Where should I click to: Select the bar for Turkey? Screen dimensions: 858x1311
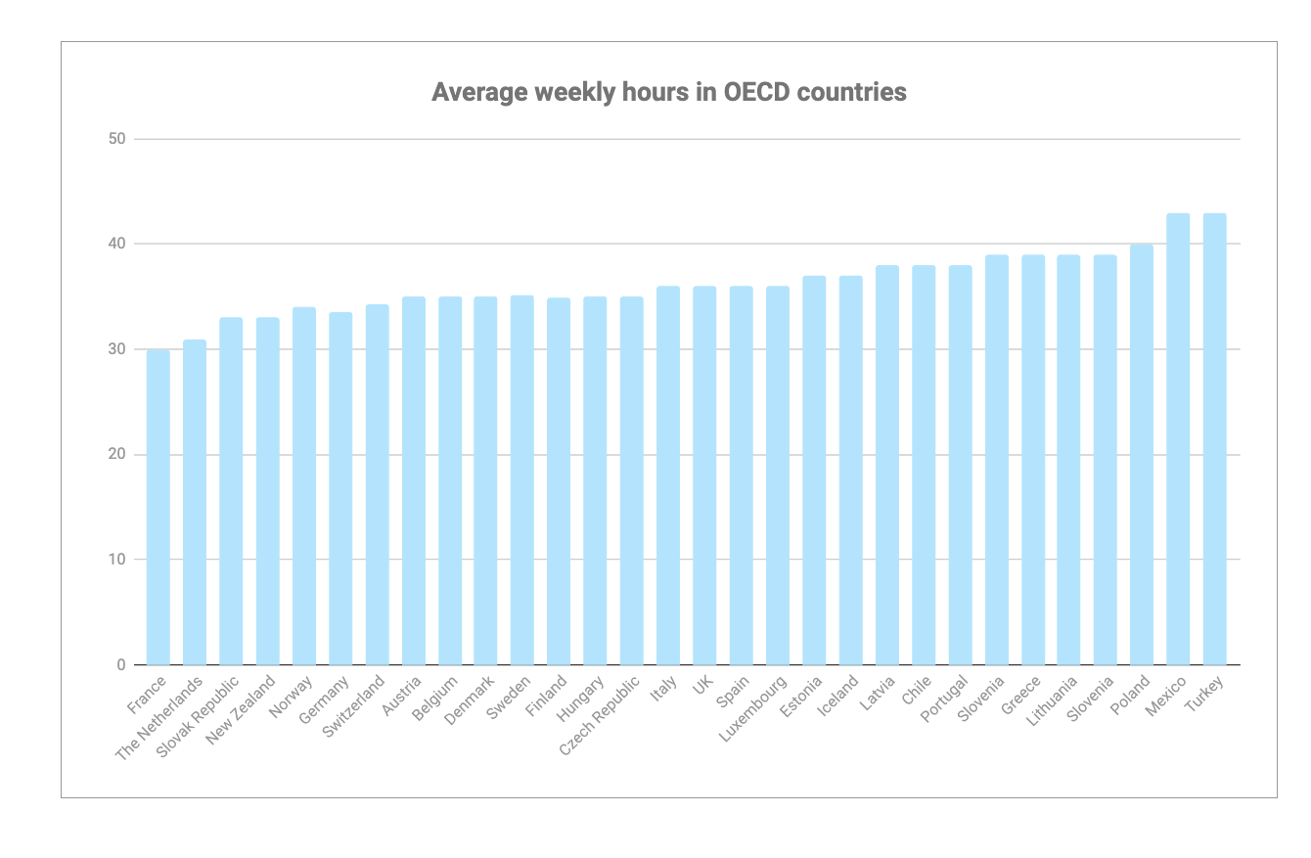tap(1214, 439)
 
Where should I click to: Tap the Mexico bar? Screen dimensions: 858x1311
tap(1178, 439)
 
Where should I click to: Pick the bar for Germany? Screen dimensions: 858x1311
tap(340, 488)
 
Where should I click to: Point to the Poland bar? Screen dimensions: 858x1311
tap(1142, 455)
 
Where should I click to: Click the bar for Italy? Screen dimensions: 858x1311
tap(668, 475)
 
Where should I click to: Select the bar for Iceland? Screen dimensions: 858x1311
tap(850, 471)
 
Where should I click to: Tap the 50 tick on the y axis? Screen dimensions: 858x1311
tap(117, 139)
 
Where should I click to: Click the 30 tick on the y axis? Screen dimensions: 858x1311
tap(117, 349)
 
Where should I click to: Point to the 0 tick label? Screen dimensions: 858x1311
tap(121, 665)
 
